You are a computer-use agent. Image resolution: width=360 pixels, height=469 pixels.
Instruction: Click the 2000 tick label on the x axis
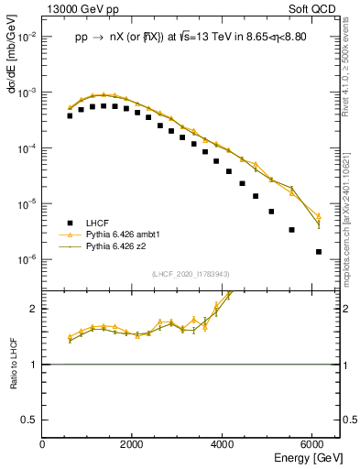pos(133,444)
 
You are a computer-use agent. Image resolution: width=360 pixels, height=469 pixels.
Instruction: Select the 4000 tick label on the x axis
pos(224,444)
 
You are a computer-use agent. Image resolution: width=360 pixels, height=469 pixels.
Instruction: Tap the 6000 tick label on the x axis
pos(313,444)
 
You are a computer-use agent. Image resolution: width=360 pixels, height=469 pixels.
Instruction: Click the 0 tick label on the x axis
pos(43,444)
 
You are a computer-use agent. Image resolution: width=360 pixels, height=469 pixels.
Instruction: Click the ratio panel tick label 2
pos(35,309)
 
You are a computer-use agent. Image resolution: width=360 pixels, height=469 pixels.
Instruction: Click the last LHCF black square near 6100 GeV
pos(318,251)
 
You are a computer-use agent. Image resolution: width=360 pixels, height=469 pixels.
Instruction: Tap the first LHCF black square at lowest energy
pos(70,116)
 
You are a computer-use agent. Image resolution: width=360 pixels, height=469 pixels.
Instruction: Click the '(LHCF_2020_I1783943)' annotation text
pos(190,274)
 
